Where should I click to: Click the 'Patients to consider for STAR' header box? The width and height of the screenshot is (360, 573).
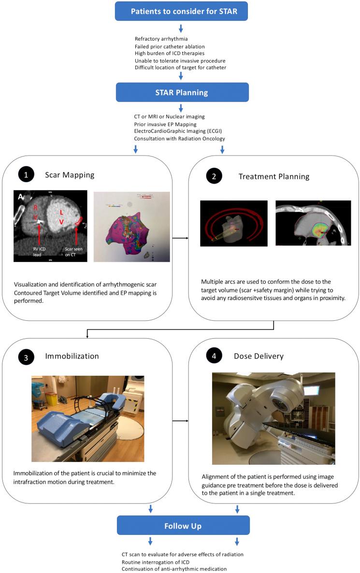(181, 11)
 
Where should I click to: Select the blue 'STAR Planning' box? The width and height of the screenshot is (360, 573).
(181, 92)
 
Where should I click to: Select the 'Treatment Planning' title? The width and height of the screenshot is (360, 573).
(274, 176)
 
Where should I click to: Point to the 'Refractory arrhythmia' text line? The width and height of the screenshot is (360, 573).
(161, 39)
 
